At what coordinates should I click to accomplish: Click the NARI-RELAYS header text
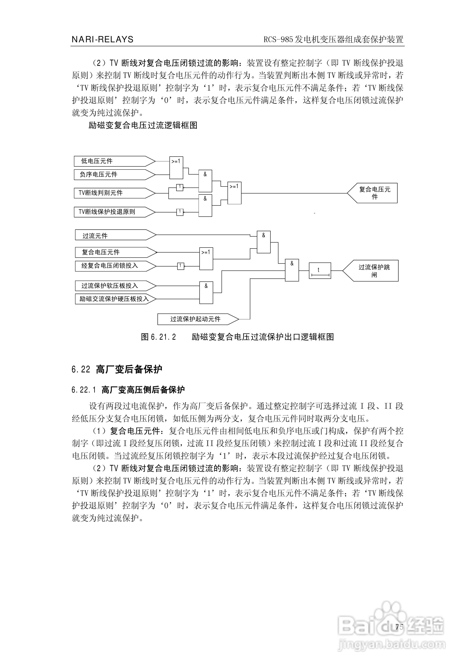point(102,39)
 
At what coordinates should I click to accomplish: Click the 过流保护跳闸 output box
point(371,271)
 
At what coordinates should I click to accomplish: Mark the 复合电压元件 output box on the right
point(373,193)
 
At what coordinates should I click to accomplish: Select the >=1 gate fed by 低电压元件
point(176,168)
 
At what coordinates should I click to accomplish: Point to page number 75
point(399,627)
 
